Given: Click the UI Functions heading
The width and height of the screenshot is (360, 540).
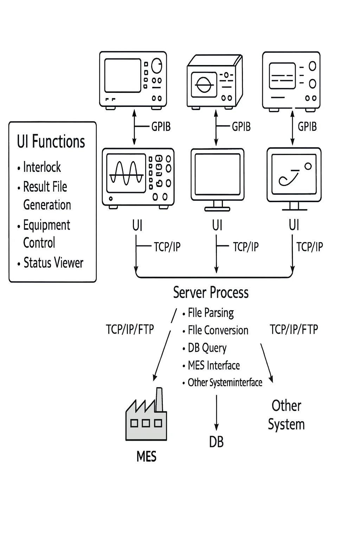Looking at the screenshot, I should click(51, 142).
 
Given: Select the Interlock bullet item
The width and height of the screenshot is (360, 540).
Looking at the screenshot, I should click(42, 167).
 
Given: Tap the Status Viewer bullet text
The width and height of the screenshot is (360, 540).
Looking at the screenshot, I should click(53, 263).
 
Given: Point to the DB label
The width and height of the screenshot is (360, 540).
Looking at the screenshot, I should click(216, 442).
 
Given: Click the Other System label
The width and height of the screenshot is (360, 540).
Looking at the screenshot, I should click(286, 415).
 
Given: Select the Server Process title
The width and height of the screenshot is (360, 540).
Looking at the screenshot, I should click(211, 292).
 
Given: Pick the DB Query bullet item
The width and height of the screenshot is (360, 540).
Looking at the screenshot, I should click(207, 348).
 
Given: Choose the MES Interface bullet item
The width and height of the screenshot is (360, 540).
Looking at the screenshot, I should click(214, 366).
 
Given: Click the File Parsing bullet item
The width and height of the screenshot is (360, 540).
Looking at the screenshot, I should click(211, 313).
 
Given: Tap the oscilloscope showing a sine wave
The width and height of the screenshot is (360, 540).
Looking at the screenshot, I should click(138, 178).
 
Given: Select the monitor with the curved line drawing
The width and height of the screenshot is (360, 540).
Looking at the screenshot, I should click(294, 178).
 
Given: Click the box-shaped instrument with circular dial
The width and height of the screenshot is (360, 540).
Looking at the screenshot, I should click(214, 82).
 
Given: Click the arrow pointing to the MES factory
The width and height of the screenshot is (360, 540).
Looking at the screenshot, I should click(162, 355).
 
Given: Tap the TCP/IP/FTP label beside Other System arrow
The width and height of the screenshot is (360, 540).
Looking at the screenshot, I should click(294, 329).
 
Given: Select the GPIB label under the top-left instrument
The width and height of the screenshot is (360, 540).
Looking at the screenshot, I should click(161, 127).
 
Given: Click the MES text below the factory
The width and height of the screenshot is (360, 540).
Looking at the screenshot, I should click(146, 457).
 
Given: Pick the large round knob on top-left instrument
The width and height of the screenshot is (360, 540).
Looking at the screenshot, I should click(157, 66).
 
